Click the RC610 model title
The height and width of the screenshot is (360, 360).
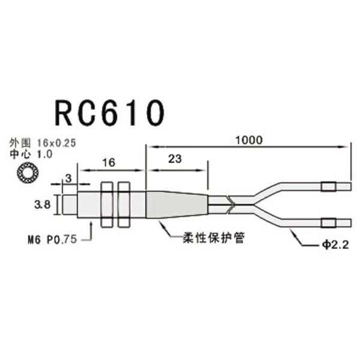tap(109, 113)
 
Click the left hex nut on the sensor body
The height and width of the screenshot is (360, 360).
tap(109, 205)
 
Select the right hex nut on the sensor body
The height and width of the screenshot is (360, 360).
tap(125, 205)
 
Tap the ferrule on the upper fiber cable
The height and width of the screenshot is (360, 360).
tap(327, 187)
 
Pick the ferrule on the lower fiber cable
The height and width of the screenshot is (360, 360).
tap(328, 224)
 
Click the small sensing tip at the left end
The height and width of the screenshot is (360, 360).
tap(68, 205)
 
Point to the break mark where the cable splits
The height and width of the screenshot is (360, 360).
tap(230, 205)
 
